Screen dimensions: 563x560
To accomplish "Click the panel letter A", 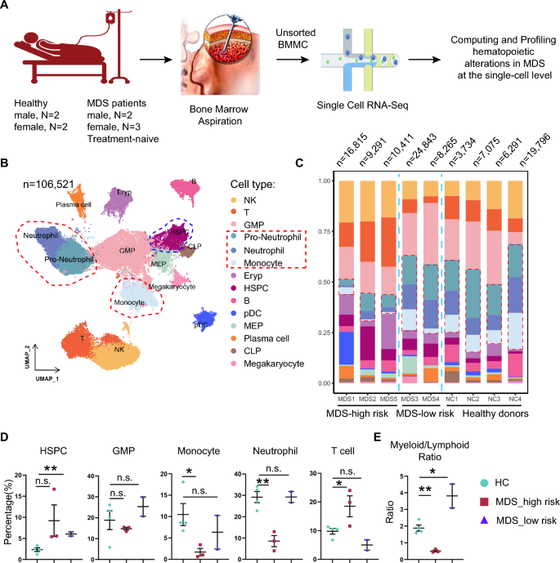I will [x=6, y=7].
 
